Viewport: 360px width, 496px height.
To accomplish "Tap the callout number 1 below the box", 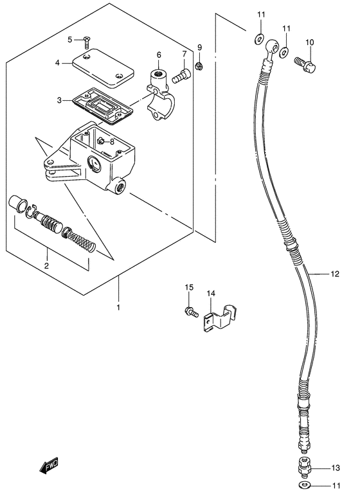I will click(118, 308).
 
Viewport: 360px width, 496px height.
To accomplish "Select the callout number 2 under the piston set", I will click(46, 265).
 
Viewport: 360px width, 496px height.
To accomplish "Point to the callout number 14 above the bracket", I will click(210, 294).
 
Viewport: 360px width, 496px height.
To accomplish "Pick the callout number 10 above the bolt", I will click(310, 42).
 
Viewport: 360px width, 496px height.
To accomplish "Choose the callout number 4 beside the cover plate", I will click(57, 63).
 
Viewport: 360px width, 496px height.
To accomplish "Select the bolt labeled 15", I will click(190, 312).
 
